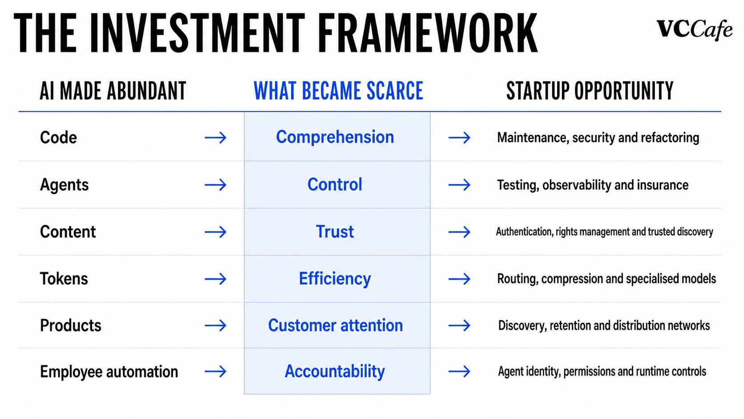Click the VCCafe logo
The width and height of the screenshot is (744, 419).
coord(695,30)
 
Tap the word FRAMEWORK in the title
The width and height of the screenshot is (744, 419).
coord(428,33)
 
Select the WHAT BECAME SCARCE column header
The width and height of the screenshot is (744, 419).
coord(339,91)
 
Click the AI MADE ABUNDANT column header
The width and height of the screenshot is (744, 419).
coord(113,91)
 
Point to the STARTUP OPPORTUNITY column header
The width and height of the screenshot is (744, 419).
coord(590,91)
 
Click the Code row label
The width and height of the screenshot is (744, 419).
coord(58,137)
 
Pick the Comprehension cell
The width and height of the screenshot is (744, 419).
coord(335,137)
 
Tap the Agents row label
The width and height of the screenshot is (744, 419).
coord(65,185)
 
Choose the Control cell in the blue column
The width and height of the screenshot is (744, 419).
coord(335,184)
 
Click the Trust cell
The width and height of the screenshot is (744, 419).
coord(335,232)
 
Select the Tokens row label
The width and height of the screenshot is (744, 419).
coord(64,278)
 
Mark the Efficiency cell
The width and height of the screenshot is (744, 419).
coord(335,279)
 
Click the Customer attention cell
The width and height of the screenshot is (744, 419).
coord(336,325)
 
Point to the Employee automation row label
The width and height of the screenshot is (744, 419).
coord(109,372)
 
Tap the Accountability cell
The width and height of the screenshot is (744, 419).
coord(335,371)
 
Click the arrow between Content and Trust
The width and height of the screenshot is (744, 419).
coord(215,232)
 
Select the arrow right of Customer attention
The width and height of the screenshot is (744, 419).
coord(459,325)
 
